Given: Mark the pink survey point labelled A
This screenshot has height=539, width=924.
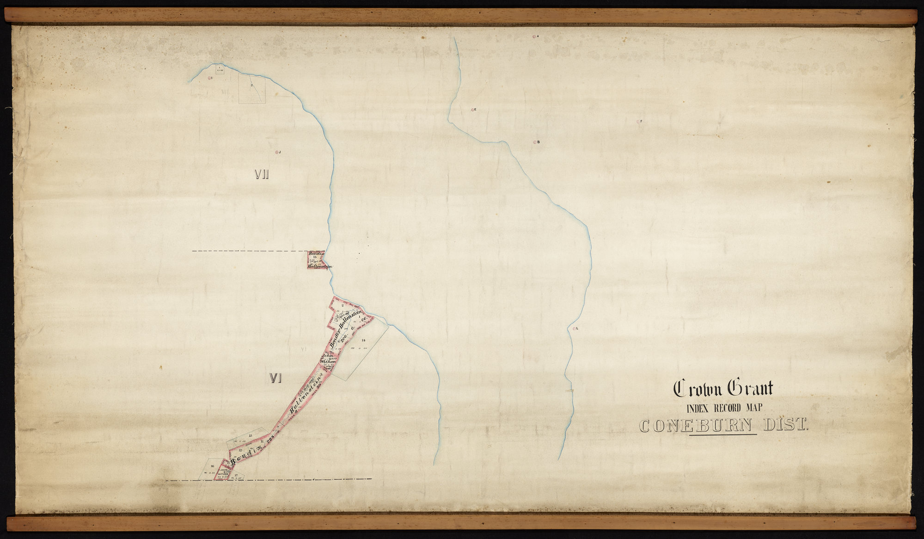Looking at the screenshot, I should pos(534,36).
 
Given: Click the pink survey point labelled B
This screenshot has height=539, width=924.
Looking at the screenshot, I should pos(535,142).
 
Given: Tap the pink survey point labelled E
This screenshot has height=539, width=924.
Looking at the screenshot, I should pos(471,110).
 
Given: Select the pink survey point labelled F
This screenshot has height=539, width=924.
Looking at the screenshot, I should pos(638,122).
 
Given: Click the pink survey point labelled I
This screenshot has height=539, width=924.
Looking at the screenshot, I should pos(209,79).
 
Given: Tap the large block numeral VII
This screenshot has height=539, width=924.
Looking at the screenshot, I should pos(262,174).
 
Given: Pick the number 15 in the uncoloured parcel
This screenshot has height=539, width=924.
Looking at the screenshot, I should pos(250,436).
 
